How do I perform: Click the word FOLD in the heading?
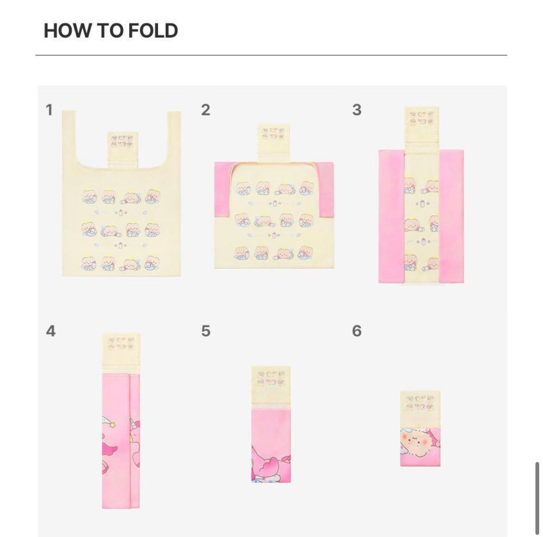[153, 30]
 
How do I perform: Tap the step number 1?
[49, 110]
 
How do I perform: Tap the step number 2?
[206, 110]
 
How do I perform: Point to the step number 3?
[357, 110]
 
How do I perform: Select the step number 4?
[51, 331]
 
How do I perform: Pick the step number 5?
[206, 331]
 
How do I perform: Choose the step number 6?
[357, 331]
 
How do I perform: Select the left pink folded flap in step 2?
[223, 190]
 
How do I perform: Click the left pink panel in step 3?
[392, 216]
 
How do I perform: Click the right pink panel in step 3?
[451, 216]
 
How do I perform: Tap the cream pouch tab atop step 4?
[121, 354]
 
